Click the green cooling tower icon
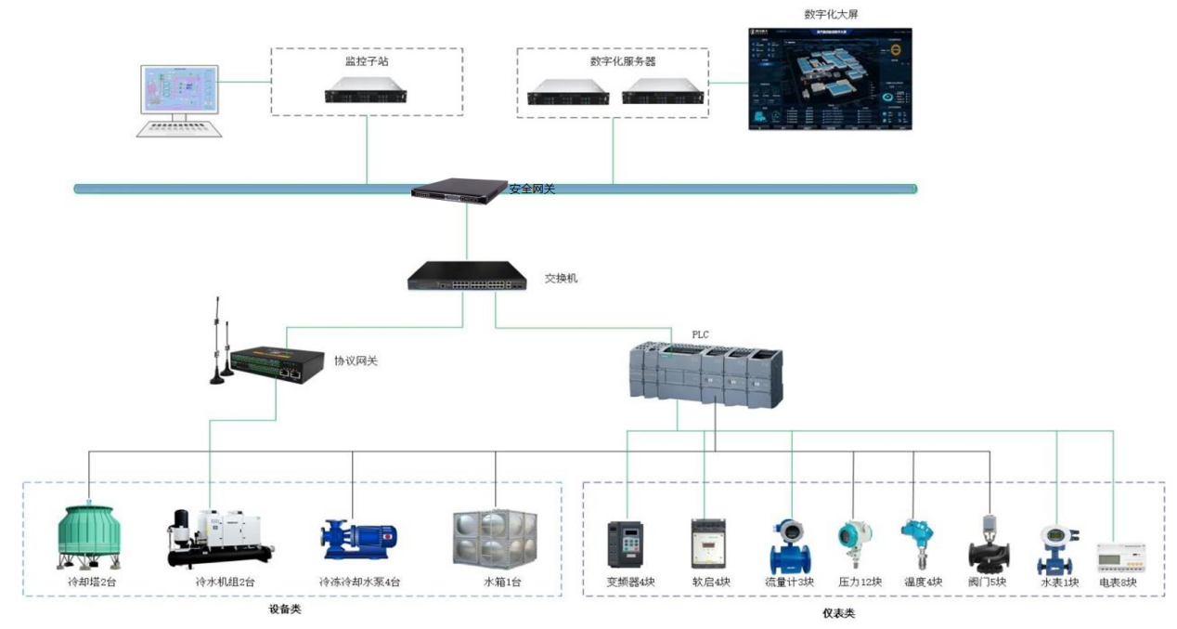pos(89,538)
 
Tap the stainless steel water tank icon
pos(495,539)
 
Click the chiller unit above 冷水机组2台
pos(219,538)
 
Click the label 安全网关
pos(532,190)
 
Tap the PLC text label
pos(701,334)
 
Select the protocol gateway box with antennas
pos(275,364)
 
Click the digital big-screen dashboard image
pos(830,78)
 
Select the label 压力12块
pos(860,583)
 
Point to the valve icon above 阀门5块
pos(988,544)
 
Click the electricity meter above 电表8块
pos(1116,557)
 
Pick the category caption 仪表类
pos(838,614)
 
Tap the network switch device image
pos(465,276)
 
